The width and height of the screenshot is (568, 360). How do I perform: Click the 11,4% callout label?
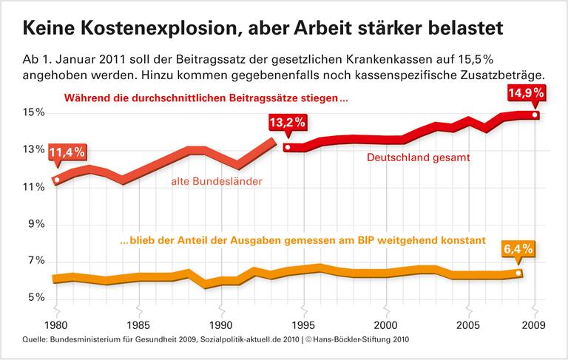(x=67, y=154)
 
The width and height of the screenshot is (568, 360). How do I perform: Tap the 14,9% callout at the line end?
(x=527, y=93)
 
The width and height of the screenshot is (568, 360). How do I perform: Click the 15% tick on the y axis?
(x=34, y=112)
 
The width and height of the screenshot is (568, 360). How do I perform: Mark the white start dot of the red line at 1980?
(x=57, y=180)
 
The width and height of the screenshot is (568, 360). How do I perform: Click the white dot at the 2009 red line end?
(x=535, y=115)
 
